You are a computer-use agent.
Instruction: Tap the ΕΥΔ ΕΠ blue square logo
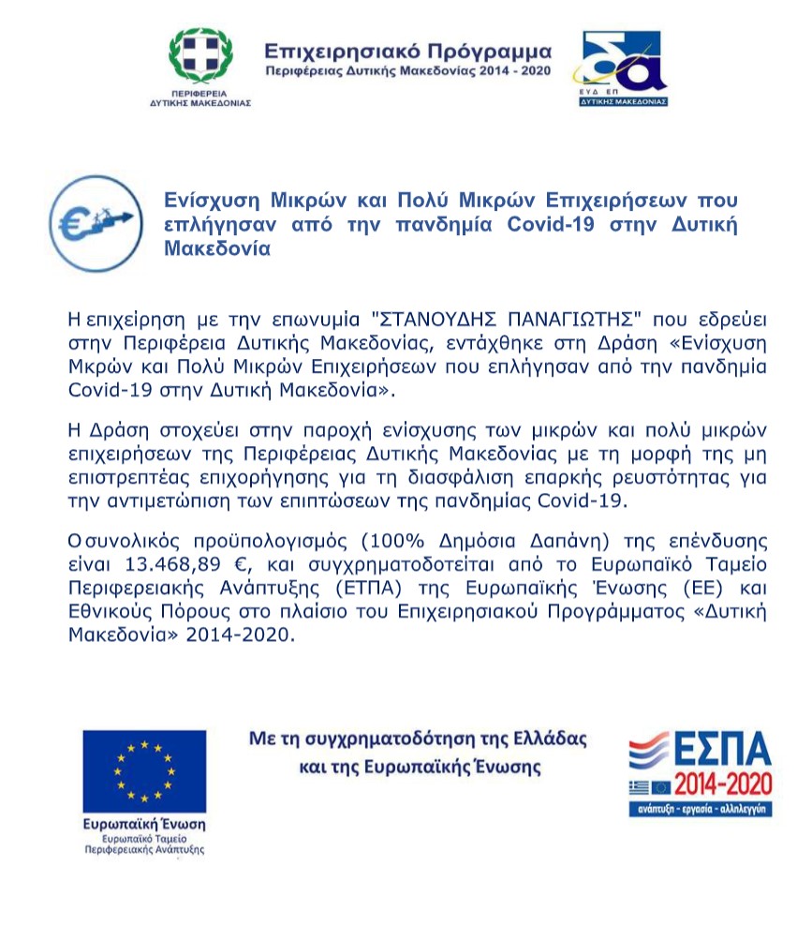tap(624, 67)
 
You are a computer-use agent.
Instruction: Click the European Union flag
tap(144, 770)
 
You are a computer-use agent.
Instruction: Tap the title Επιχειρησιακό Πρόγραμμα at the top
tap(408, 51)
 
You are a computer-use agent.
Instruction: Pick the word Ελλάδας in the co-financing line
tap(548, 739)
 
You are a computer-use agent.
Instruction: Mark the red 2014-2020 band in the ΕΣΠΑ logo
tap(722, 783)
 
